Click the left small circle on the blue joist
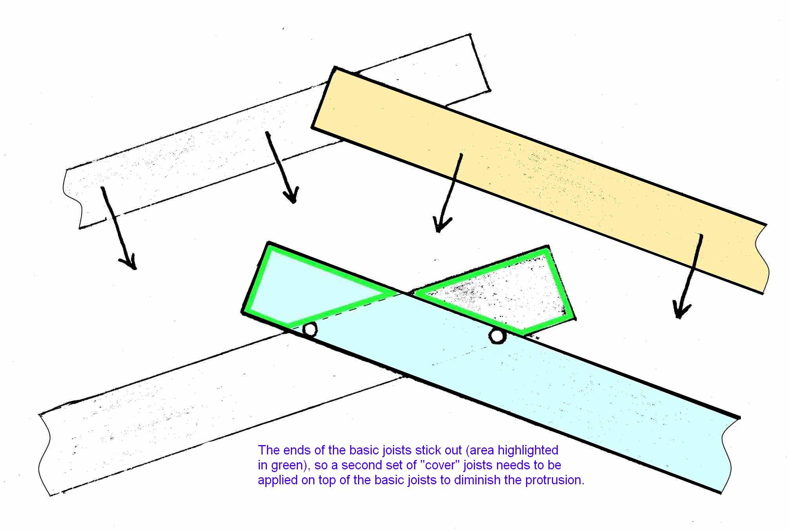(x=310, y=330)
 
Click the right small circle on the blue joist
(x=497, y=336)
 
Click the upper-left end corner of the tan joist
(x=334, y=67)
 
